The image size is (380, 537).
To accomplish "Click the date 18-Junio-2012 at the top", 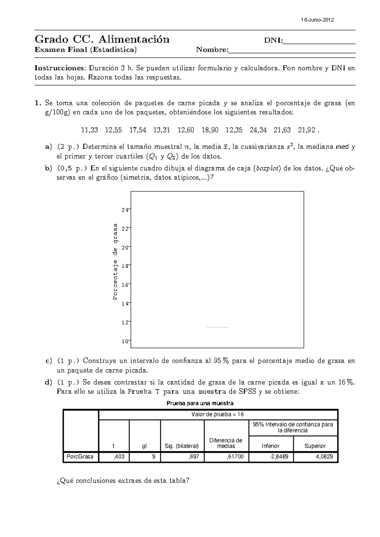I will pos(317,20).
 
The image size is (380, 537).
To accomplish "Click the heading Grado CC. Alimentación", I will pos(102,39).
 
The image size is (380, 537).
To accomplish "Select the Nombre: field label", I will pos(212,50).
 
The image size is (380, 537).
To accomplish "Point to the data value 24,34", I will pos(258,130).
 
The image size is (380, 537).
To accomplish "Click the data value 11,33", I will pos(90,130).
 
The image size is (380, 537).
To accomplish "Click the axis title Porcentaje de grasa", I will pos(116,261).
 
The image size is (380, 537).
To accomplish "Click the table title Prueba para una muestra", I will pos(200,403).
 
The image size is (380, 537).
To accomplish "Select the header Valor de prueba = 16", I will pos(218,414).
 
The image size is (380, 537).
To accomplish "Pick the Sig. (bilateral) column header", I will pos(182,446).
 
